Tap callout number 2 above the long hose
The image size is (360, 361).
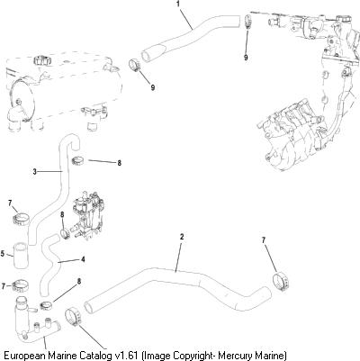182,237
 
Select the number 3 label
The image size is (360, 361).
35,172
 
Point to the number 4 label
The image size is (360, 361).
83,259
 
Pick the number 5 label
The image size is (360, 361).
3,254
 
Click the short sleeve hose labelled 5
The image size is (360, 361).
20,255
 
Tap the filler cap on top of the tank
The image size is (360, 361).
40,60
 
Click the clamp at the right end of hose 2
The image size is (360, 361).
282,283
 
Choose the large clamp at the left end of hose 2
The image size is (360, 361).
73,318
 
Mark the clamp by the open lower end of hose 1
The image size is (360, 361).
135,66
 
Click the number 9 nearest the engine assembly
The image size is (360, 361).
246,58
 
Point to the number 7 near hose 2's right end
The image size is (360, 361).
264,240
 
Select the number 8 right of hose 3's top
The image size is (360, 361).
120,163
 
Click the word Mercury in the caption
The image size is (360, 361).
234,356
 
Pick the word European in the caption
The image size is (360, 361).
25,356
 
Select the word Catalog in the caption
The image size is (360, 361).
97,356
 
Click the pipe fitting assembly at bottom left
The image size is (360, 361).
34,324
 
